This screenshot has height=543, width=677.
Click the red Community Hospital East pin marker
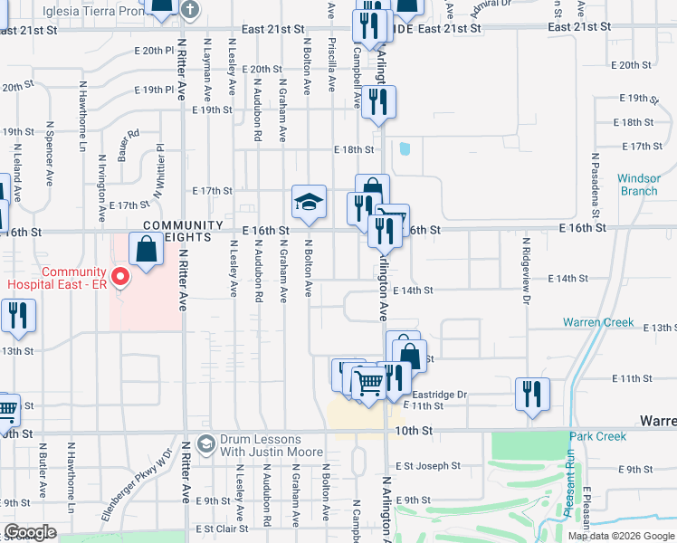tap(118, 273)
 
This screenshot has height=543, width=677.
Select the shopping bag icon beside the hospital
tap(146, 249)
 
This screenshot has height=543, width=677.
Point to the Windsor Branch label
tap(639, 185)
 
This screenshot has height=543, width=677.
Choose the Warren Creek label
tap(593, 322)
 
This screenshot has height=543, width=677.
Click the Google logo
tap(31, 532)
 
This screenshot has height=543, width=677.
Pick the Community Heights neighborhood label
tap(181, 231)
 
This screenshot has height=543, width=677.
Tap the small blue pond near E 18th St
tap(404, 148)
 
